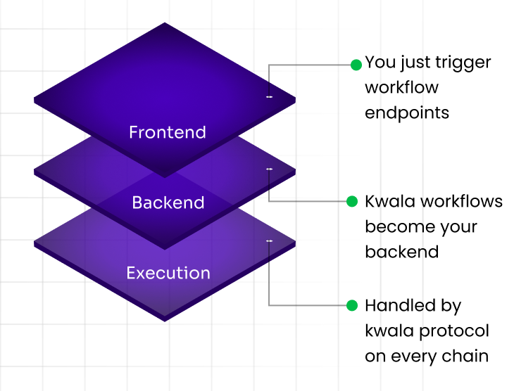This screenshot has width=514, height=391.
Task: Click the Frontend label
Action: click(x=168, y=132)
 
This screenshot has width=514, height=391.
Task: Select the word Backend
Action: click(x=168, y=203)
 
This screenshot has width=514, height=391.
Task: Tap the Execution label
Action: click(x=168, y=273)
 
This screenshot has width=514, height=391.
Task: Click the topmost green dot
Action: click(x=356, y=65)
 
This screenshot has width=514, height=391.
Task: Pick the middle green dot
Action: click(x=352, y=202)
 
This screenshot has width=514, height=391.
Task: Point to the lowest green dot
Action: click(x=352, y=305)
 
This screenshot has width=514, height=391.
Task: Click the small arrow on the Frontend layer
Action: click(x=268, y=90)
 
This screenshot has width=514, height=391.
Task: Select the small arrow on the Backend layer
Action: click(x=268, y=179)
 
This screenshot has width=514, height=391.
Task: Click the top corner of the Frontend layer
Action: click(x=165, y=23)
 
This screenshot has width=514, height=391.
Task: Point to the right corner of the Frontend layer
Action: click(x=294, y=101)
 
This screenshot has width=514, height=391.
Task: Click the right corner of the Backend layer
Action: click(x=294, y=172)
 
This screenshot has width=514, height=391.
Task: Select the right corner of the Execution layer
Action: click(x=294, y=244)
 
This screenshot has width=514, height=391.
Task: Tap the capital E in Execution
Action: click(x=131, y=273)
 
